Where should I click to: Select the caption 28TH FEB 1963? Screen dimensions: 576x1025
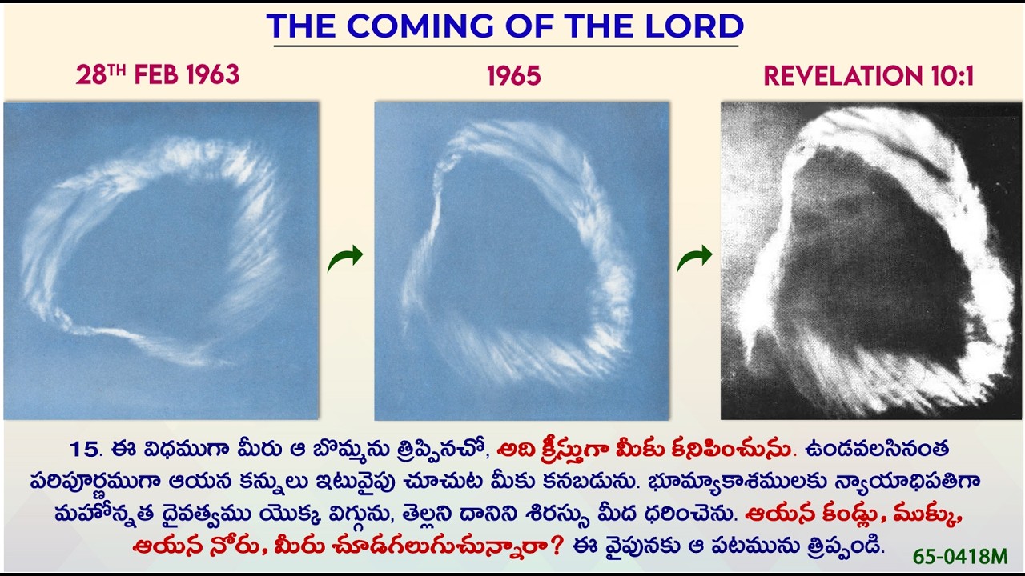(158, 75)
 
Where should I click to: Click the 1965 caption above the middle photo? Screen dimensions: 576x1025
(513, 77)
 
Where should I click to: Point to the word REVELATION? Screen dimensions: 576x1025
(838, 77)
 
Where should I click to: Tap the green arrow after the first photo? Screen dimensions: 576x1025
(345, 258)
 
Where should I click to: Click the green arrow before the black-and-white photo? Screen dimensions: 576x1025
(694, 258)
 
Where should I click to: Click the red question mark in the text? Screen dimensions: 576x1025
(557, 546)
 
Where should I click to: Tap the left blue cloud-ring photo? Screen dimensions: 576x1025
(161, 260)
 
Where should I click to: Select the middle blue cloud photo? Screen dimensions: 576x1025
(521, 260)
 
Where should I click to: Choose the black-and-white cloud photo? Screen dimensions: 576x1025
(870, 260)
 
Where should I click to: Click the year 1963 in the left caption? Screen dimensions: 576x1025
(212, 76)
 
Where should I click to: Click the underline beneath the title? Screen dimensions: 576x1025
(505, 46)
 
